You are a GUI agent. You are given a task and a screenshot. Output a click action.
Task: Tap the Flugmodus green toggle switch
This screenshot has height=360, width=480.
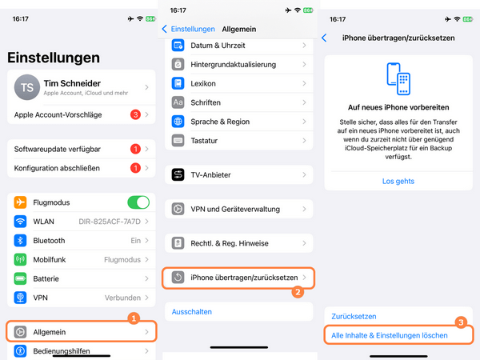138,202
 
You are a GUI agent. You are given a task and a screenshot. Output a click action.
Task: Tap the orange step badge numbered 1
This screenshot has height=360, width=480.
134,318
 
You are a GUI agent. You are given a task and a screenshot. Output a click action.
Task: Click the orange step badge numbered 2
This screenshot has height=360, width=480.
298,292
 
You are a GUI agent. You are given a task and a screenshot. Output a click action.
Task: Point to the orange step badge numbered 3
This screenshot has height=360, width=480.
461,322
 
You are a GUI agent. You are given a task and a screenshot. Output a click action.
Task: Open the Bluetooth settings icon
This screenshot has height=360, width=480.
21,241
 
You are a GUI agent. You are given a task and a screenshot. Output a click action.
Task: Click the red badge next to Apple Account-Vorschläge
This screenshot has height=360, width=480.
135,115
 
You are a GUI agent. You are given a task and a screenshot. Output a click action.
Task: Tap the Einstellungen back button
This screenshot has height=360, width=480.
190,29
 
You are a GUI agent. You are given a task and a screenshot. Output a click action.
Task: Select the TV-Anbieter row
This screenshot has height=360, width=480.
240,174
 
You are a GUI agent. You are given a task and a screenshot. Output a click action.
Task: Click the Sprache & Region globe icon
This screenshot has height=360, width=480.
178,122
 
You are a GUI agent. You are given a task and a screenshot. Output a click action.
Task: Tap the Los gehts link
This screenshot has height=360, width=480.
398,182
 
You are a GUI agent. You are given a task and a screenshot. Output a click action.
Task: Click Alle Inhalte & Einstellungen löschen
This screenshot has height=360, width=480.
390,336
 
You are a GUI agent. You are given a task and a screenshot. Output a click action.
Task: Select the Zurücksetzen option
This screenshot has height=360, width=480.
354,317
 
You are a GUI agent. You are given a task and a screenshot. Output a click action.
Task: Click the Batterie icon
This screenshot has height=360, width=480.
21,278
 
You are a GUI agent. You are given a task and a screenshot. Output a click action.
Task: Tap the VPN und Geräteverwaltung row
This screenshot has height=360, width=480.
240,209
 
